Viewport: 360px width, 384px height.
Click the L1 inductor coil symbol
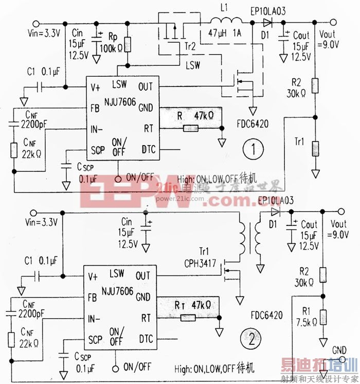pos(225,22)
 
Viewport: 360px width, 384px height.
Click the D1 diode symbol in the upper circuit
pos(267,23)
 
